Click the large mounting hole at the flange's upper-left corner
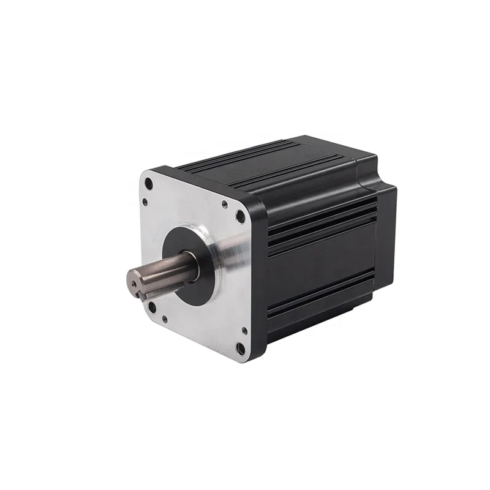[x=149, y=183]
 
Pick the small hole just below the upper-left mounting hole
[x=145, y=201]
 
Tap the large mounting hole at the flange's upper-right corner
[x=240, y=216]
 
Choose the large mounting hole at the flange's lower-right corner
[x=240, y=349]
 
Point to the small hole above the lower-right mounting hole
[x=244, y=330]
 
